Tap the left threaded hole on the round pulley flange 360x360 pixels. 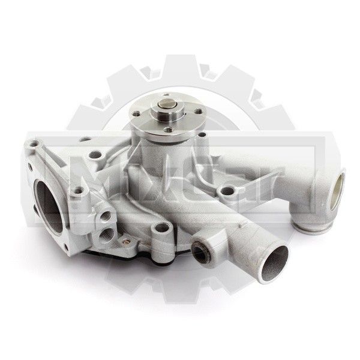(137, 113)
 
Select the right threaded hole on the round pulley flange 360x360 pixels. (199, 112)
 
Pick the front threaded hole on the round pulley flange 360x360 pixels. (168, 130)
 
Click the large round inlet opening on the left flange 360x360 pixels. (49, 206)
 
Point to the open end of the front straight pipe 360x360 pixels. (275, 263)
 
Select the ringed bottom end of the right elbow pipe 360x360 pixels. (308, 227)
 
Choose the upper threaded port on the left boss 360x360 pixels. (105, 216)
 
